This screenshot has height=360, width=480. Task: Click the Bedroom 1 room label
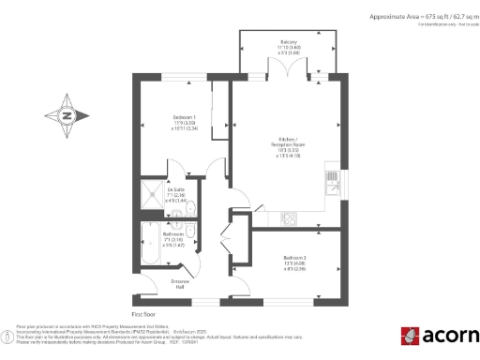pyautogui.click(x=183, y=117)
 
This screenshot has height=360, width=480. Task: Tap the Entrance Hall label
pyautogui.click(x=180, y=282)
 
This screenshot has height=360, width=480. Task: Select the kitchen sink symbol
pyautogui.click(x=333, y=177)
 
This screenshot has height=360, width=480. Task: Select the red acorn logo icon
pyautogui.click(x=410, y=336)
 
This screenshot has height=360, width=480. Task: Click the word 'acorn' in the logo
pyautogui.click(x=449, y=337)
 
